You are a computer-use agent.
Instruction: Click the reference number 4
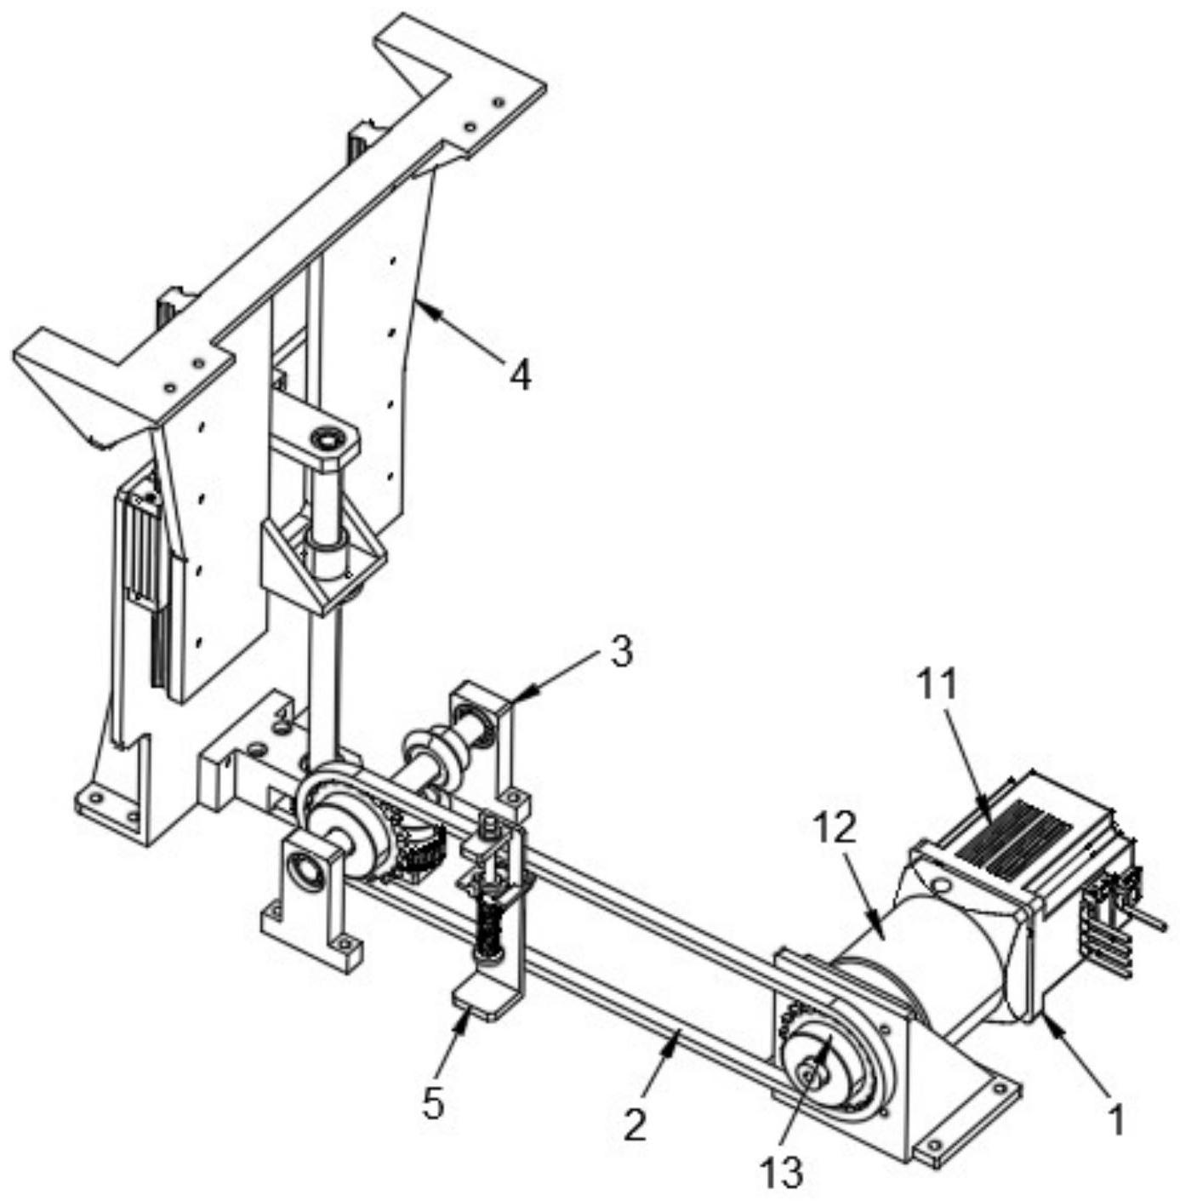(520, 375)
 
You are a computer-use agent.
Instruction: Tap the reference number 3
(620, 651)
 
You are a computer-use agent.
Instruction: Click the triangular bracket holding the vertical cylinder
(322, 560)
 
